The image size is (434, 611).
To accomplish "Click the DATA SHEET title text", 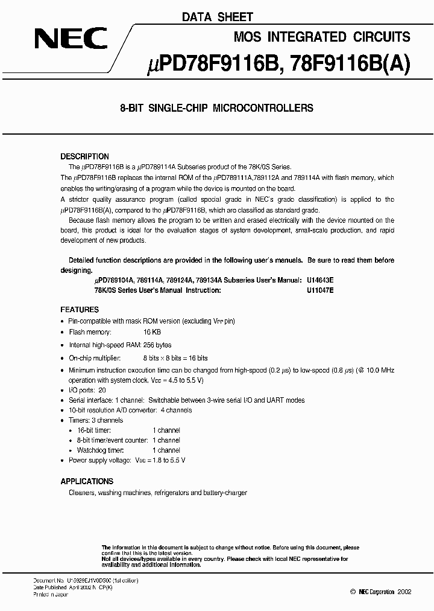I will pos(218,18).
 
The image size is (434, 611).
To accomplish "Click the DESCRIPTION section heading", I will pos(84,156).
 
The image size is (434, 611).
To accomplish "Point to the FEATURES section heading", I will pos(80,309).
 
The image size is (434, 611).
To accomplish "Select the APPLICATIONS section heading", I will pos(87,481).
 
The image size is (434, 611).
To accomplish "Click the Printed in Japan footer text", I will pos(51,595).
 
